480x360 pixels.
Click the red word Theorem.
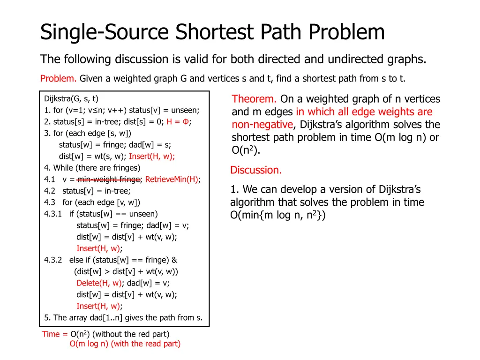254,99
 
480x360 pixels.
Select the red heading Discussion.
256,170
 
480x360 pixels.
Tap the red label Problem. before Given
59,78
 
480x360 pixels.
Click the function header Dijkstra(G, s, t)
71,98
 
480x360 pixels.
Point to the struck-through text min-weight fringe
108,179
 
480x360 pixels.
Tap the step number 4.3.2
54,260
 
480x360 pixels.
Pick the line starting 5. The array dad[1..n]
123,317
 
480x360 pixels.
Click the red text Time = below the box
54,334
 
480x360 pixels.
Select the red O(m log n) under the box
89,344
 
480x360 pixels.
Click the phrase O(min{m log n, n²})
277,216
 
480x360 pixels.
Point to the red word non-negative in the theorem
262,125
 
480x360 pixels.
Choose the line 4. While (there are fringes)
92,167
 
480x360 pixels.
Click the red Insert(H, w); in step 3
152,156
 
